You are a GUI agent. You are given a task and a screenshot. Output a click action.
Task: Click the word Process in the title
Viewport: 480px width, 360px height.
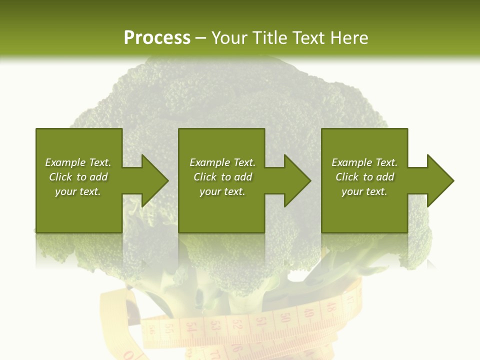coord(157,37)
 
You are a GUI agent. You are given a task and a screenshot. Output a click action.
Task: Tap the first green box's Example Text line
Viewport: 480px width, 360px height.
coord(78,162)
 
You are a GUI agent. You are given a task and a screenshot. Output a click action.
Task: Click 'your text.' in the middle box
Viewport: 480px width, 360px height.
coord(222,191)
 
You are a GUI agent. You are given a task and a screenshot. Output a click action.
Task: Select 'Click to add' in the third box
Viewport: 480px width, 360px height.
coord(364,177)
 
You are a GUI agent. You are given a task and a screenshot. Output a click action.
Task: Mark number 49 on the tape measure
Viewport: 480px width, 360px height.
coord(307,312)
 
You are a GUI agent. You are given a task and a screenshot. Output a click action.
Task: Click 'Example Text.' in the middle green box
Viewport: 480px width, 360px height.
coord(222,162)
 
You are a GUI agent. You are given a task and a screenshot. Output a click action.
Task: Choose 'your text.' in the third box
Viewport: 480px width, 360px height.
coord(364,191)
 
